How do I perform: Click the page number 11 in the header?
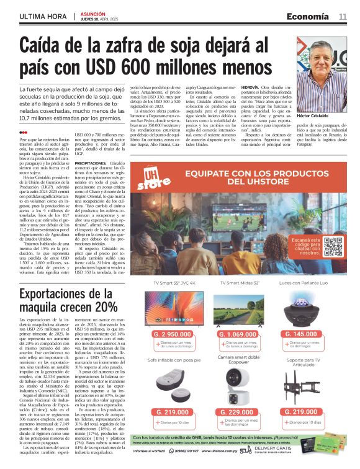pos(342,16)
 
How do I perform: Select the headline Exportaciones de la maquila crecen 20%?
pos(68,300)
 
